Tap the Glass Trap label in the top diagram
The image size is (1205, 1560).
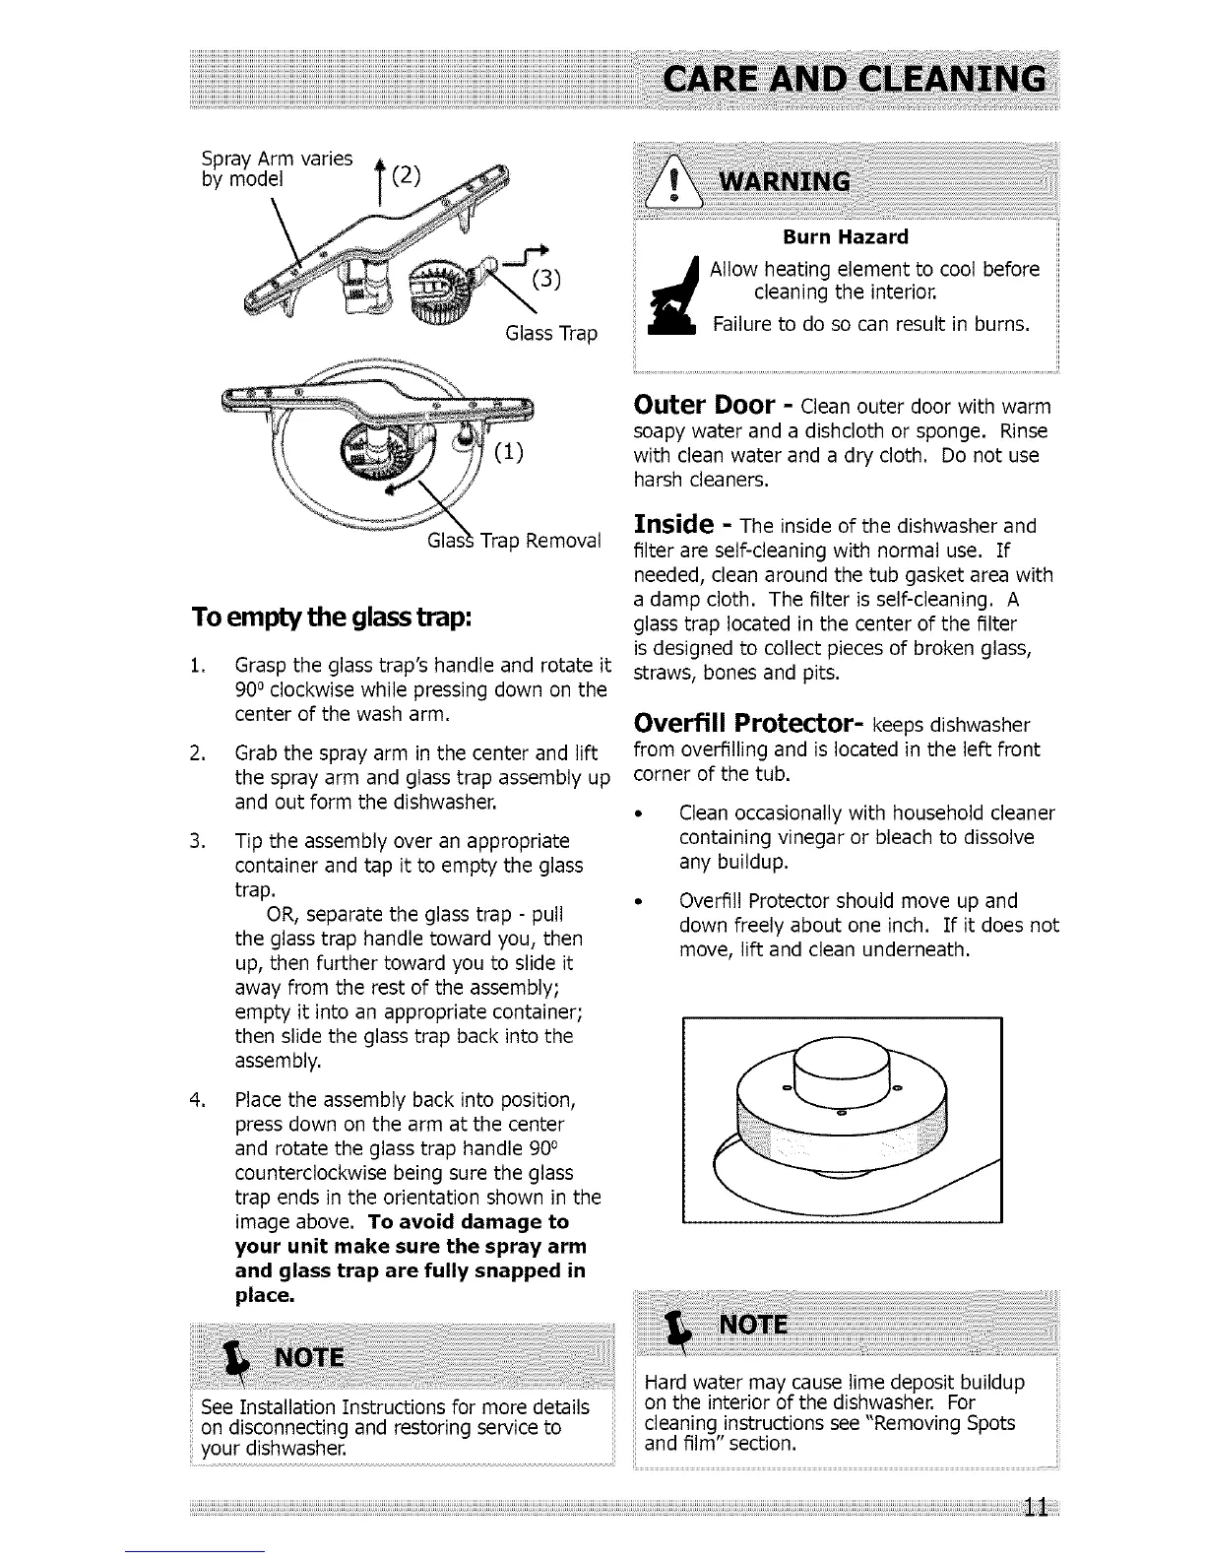coord(550,334)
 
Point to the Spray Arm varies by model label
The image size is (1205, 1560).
coord(276,168)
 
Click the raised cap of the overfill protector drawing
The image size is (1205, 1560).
coord(843,1071)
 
